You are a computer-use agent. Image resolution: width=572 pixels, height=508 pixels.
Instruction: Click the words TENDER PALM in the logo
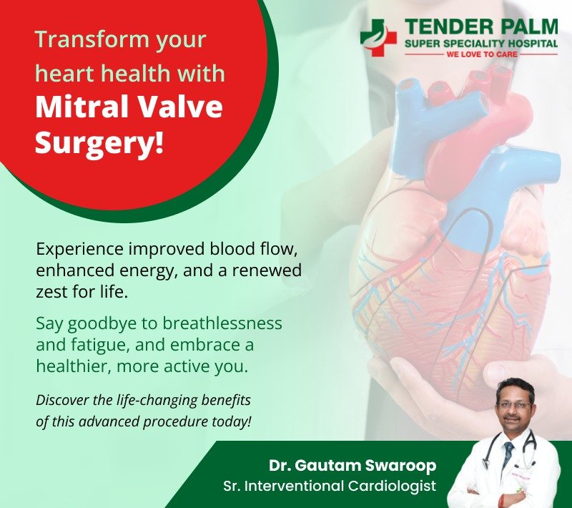click(x=481, y=28)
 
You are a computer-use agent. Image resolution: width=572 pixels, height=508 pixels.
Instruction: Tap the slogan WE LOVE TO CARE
click(x=481, y=54)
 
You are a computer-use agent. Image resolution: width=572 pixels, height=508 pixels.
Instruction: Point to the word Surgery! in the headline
click(x=99, y=142)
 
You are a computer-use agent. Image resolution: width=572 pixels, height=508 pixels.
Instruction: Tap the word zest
click(x=50, y=293)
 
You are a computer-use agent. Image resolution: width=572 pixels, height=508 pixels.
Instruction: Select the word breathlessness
click(x=222, y=323)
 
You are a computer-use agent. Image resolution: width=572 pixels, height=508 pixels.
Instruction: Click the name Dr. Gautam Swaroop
click(x=352, y=465)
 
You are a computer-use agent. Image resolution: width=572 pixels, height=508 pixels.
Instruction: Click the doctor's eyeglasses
click(x=514, y=404)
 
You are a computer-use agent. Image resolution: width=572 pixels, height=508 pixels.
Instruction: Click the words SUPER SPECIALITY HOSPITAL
click(x=481, y=44)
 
